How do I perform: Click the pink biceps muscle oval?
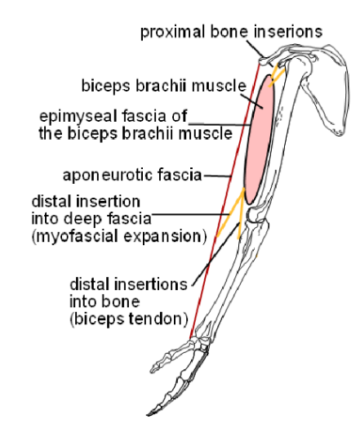point(260,140)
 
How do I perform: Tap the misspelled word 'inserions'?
point(288,31)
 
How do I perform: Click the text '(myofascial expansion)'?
point(119,236)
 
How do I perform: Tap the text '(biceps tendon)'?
point(129,319)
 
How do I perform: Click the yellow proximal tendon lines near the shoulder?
point(277,75)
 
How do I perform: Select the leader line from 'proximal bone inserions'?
point(260,54)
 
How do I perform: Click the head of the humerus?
point(304,67)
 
